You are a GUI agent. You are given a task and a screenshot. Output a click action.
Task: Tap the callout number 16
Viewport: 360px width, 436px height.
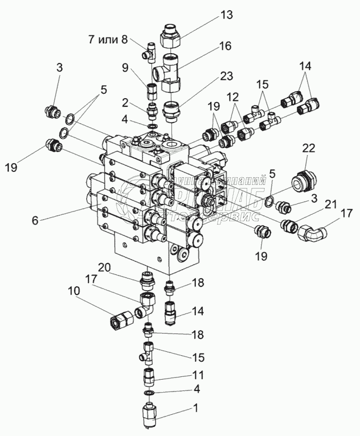[224, 48]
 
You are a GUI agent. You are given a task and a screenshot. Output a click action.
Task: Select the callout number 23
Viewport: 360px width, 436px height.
[224, 77]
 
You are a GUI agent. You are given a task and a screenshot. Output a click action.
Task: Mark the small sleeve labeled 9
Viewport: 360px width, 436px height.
[152, 88]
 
